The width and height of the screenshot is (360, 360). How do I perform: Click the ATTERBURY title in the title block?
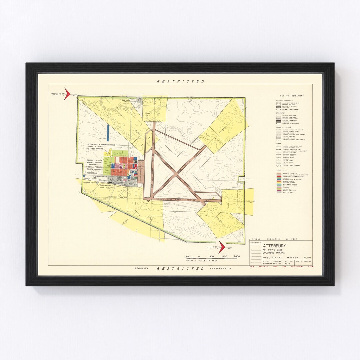[x=274, y=246]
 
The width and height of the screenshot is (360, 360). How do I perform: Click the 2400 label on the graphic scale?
[x=236, y=256]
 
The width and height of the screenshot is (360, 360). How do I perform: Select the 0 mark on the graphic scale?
[x=199, y=256]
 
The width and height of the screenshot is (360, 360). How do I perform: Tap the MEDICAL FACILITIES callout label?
[x=95, y=167]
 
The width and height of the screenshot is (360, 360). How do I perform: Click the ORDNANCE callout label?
[x=87, y=182]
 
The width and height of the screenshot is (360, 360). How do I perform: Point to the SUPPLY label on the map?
[x=86, y=179]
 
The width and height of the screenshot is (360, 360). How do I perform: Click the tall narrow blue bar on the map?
[x=108, y=132]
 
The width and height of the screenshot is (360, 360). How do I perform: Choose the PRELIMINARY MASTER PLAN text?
[x=287, y=258]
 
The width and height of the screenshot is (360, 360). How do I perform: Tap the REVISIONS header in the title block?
[x=255, y=243]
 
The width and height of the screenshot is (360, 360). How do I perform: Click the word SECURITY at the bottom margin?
[x=141, y=268]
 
